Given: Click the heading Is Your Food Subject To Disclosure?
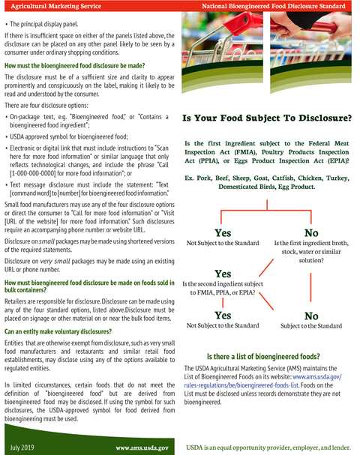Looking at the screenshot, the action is point(266,118).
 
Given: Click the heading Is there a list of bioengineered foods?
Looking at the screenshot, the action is point(262,356).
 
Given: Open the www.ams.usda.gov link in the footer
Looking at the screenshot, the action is point(141,448).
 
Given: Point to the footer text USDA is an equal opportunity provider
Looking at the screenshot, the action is point(268,448).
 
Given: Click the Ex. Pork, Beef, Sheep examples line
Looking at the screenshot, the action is point(266,181).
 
